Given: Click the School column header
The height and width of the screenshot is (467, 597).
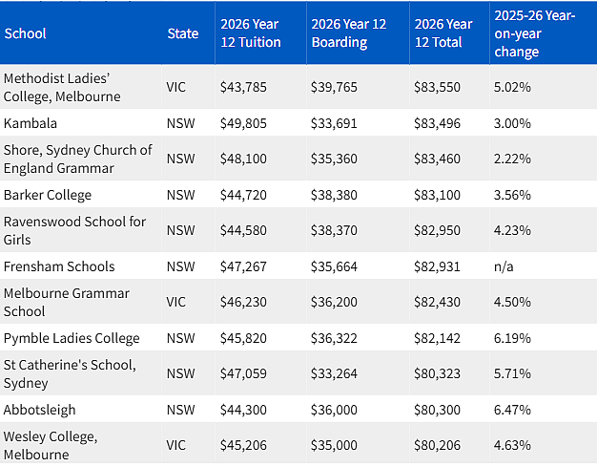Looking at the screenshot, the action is [25, 33].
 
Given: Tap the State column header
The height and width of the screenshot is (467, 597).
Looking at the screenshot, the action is [183, 33].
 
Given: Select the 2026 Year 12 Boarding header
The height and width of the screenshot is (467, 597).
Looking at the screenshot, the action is [349, 33].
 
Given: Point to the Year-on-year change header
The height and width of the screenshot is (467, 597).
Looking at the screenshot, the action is [535, 33].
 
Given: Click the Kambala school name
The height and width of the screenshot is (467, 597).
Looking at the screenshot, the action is [31, 123].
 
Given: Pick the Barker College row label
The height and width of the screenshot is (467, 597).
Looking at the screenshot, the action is [48, 195].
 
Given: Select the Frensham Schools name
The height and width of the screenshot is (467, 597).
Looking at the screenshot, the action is [59, 266].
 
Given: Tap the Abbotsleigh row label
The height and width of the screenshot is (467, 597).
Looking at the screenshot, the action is [40, 410].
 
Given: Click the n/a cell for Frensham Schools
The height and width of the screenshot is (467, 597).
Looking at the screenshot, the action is [504, 266].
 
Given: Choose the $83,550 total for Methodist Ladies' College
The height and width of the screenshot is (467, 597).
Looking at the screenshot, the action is [437, 87].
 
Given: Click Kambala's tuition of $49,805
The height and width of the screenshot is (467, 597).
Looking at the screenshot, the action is [243, 123].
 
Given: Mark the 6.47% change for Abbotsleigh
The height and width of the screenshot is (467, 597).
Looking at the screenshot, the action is [512, 410].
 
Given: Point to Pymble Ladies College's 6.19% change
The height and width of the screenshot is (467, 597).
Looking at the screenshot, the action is [512, 338].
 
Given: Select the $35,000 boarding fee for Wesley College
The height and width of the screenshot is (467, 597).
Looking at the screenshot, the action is [334, 445].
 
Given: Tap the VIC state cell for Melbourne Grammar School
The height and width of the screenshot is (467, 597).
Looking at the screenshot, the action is [175, 302].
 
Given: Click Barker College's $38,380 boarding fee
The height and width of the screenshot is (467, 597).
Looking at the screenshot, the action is [334, 195].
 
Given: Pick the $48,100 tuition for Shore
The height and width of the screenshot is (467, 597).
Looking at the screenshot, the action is [243, 159].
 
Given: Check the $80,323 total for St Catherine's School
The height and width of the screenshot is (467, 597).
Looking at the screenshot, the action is [437, 373].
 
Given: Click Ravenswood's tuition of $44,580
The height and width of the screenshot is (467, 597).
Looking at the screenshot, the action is [243, 230].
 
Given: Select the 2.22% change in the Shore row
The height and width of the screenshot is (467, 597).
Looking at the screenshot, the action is [512, 159].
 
